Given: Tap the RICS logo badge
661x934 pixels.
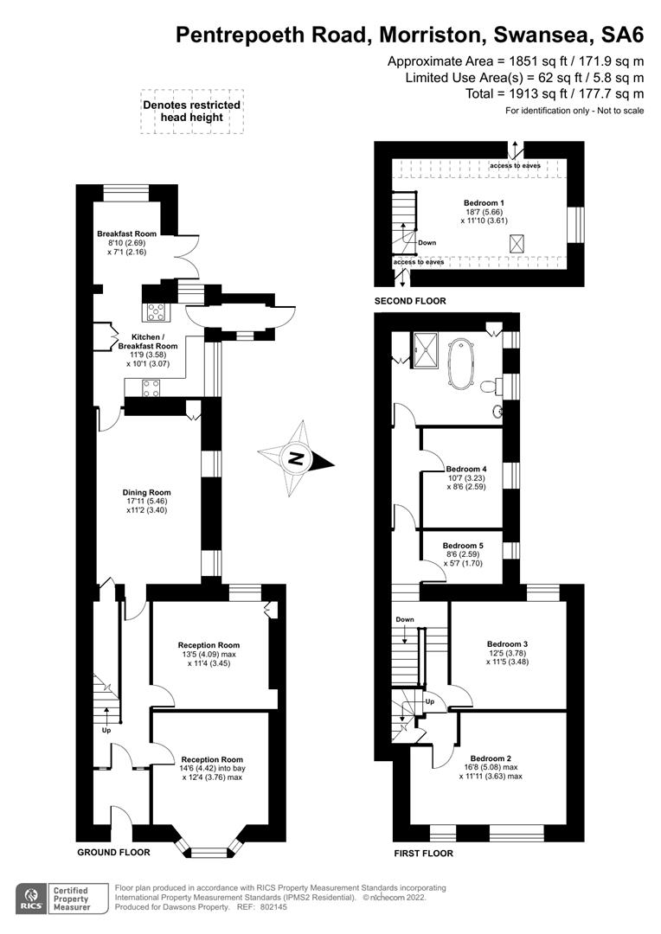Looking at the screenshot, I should tap(34, 898).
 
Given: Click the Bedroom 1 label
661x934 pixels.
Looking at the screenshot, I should tap(485, 202).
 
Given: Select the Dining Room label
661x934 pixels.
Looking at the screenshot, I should tap(146, 492).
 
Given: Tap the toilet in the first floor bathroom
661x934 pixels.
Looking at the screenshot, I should tap(490, 384).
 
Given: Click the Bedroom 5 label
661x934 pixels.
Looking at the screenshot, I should tap(462, 546).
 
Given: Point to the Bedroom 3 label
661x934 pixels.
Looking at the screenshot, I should tap(506, 644).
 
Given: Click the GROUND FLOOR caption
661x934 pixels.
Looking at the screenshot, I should tap(113, 852).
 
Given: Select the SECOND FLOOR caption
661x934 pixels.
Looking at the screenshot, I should tap(410, 301).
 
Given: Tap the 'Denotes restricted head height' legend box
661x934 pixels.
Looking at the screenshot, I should tap(192, 112).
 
